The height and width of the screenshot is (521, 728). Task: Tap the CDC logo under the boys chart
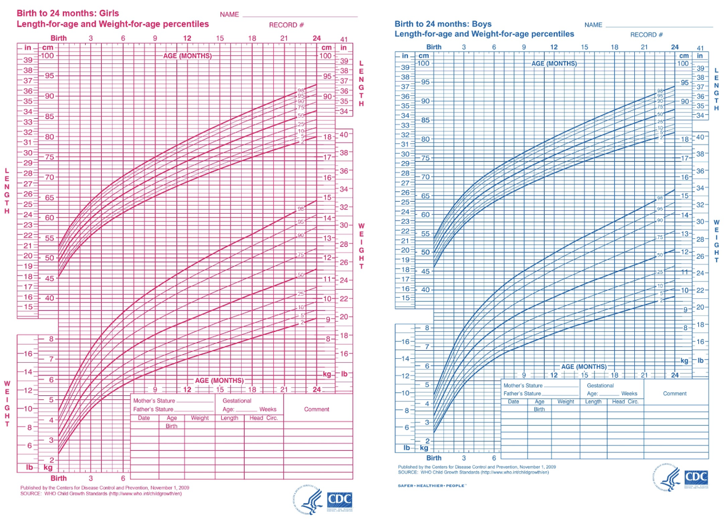[x=696, y=477]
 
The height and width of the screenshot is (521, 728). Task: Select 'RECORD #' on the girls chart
[x=286, y=25]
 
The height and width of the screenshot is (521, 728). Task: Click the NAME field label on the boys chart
[x=593, y=25]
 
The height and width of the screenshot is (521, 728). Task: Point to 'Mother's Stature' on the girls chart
[x=154, y=400]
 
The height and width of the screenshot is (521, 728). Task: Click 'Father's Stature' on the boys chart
[x=522, y=394]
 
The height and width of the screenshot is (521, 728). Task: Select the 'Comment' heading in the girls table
[x=317, y=409]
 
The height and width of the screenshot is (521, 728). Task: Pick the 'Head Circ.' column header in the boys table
[x=625, y=402]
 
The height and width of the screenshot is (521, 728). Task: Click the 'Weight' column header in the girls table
[x=200, y=418]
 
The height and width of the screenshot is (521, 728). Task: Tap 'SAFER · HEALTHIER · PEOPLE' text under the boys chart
[x=432, y=485]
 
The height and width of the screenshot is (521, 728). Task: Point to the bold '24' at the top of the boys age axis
[x=675, y=47]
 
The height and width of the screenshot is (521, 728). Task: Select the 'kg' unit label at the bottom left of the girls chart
[x=49, y=468]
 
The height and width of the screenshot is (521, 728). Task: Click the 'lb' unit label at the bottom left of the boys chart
[x=407, y=448]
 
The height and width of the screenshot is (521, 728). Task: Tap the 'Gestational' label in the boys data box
[x=601, y=386]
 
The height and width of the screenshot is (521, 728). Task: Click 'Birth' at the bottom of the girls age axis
[x=58, y=478]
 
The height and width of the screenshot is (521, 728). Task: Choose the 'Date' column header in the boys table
[x=514, y=402]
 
